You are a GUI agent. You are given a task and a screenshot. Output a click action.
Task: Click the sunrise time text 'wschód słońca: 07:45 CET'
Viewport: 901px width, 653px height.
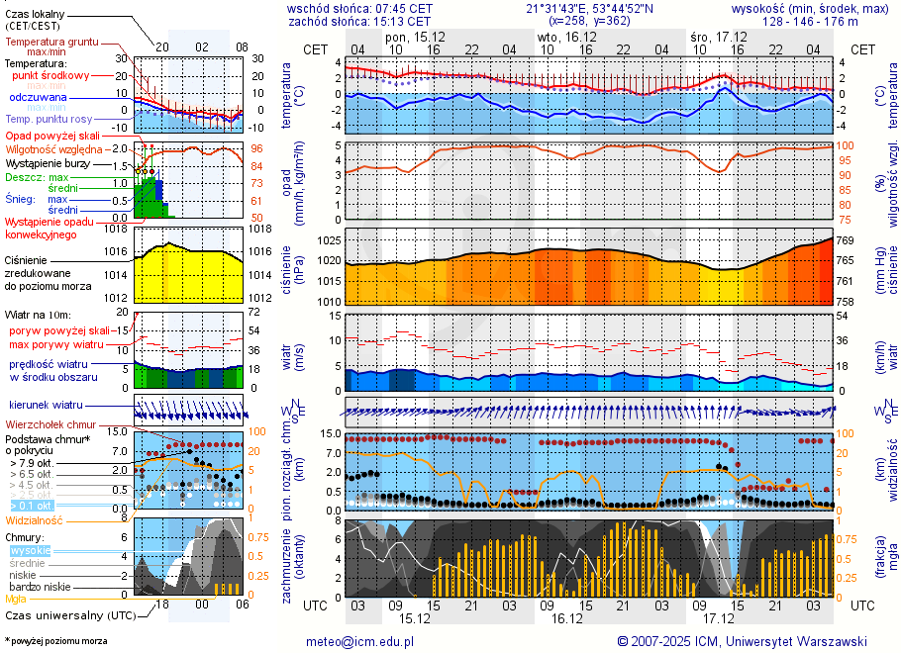coord(358,8)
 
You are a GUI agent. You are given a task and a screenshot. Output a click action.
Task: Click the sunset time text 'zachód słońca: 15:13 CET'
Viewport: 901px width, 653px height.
coord(358,21)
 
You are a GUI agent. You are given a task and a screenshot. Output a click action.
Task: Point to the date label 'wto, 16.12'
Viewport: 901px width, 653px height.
coord(562,37)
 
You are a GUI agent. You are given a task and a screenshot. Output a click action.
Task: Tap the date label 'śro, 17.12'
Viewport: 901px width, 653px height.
coord(719,37)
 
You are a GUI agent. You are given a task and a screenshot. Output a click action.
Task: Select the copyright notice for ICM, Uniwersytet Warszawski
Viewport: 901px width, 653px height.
coord(742,641)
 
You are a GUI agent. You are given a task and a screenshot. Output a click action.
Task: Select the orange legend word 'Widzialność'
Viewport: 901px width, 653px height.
coord(35,519)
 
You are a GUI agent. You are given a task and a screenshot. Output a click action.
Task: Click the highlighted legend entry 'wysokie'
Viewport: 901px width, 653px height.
coord(30,550)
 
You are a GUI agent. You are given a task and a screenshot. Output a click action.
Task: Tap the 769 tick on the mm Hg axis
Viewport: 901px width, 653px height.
coord(848,240)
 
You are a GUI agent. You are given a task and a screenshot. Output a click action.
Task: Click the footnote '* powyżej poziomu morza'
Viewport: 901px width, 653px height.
coord(55,641)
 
